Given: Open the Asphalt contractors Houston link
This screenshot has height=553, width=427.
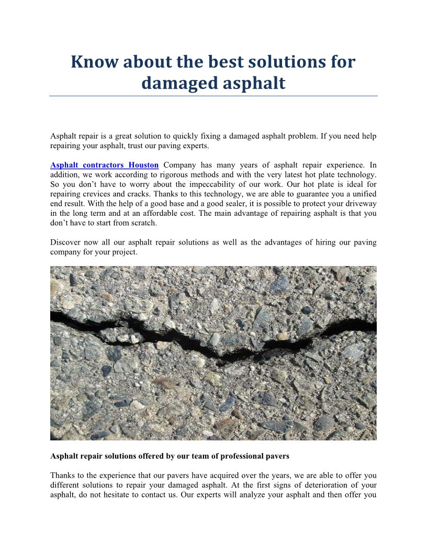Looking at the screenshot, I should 104,165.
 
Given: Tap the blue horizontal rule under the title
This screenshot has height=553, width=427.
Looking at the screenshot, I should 213,96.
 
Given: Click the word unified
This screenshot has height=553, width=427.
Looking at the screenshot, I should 362,193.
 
